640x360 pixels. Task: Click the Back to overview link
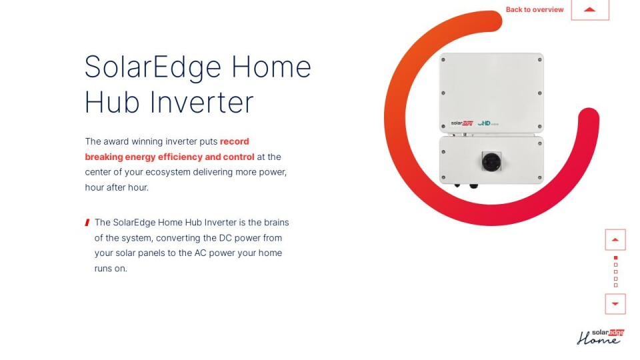534,9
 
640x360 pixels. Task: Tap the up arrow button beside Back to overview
589,9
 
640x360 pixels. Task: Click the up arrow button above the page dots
615,239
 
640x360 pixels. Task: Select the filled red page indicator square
615,257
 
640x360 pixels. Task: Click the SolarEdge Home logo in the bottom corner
600,337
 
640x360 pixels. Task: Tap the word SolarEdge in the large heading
153,67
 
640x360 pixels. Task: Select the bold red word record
235,141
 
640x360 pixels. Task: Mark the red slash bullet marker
87,223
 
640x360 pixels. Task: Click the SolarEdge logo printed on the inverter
461,123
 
